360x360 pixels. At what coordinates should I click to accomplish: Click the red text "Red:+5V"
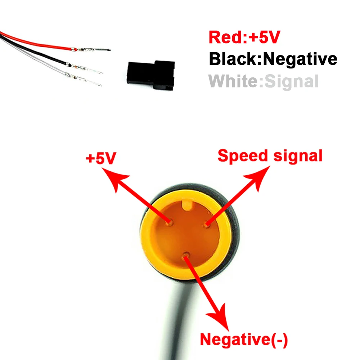pos(244,37)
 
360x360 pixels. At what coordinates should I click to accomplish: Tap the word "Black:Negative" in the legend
pos(273,59)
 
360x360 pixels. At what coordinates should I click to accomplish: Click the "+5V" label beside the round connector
pos(100,159)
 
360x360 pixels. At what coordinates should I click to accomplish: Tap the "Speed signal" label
pos(270,156)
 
